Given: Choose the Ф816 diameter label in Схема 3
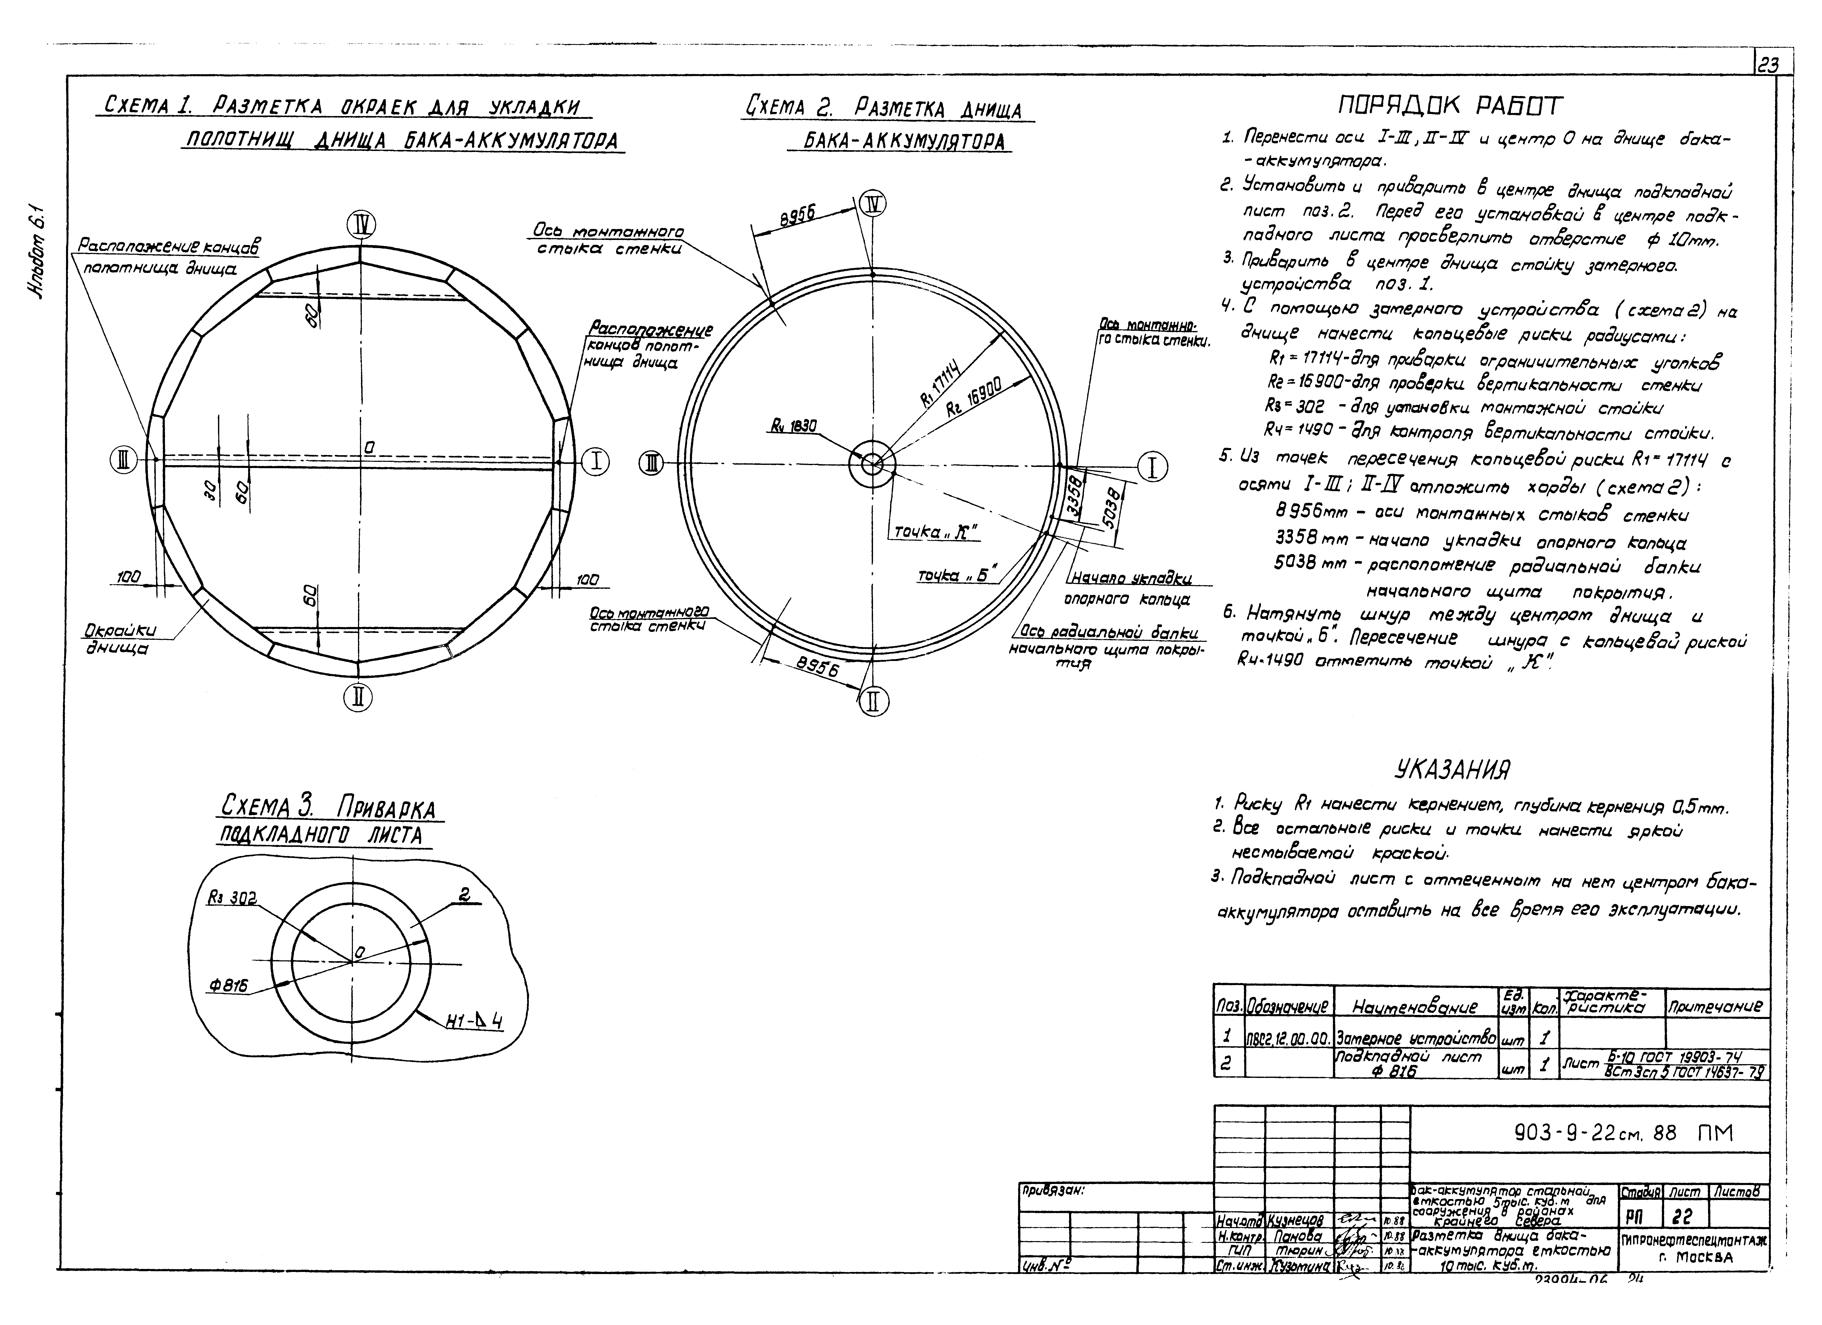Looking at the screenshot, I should click(228, 985).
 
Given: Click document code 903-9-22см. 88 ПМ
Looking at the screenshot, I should click(1623, 1133).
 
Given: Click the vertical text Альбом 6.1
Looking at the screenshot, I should click(40, 265).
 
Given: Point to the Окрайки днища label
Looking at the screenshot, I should click(121, 639).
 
